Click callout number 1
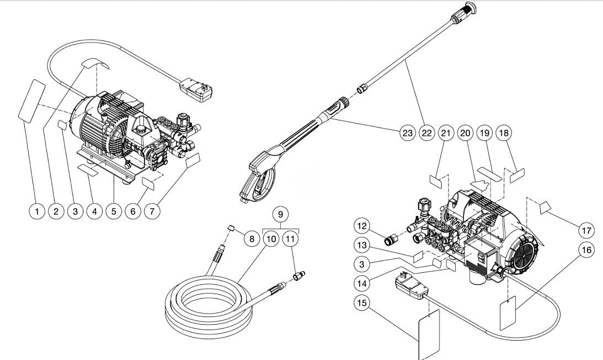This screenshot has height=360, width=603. (x=36, y=211)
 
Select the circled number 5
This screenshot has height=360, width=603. (x=114, y=211)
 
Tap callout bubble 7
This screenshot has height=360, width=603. (x=152, y=211)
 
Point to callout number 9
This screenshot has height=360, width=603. (x=280, y=213)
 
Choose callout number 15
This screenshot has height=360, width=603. (x=361, y=303)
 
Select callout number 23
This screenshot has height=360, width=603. (x=407, y=133)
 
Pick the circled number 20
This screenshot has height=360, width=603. (x=466, y=133)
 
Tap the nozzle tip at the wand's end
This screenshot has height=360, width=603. (x=468, y=9)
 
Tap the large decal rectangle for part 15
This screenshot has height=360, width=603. (x=429, y=335)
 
